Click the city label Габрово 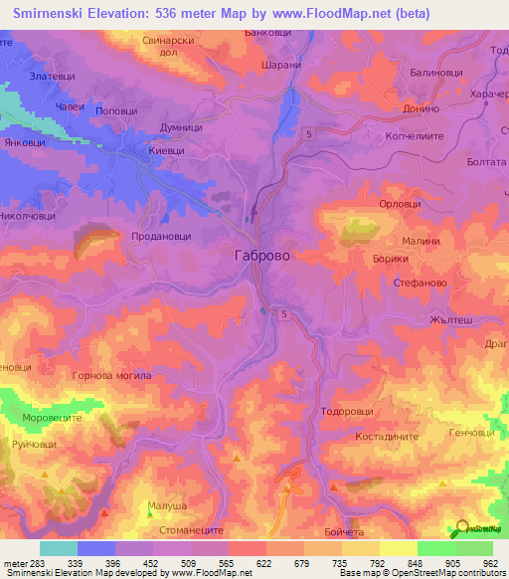[x=262, y=255]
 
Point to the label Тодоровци [x=347, y=411]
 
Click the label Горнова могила [x=111, y=376]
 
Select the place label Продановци [x=160, y=236]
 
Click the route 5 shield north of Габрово [x=310, y=133]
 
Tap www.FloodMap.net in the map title [x=325, y=13]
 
